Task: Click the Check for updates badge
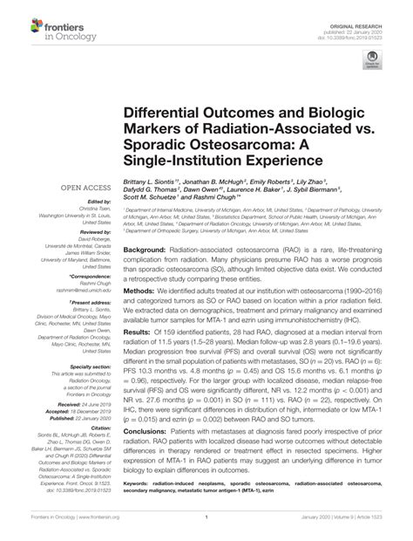click(374, 61)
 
